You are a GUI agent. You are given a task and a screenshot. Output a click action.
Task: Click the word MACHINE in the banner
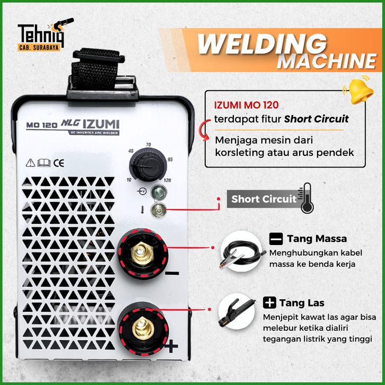tap(327, 61)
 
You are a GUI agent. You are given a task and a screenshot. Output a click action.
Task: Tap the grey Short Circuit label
tap(264, 199)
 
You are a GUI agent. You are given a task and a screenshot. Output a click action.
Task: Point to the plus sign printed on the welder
tap(171, 346)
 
